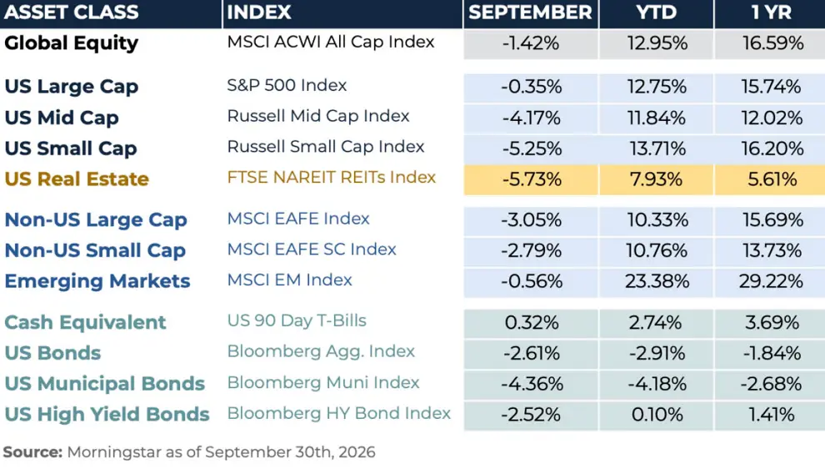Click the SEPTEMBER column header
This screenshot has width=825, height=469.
(530, 13)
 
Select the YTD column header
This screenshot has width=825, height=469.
(656, 13)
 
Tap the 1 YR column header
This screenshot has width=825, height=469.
(772, 13)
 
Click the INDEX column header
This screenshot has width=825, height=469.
(259, 13)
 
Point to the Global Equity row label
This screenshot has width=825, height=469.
(72, 43)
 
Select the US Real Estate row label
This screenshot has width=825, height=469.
(77, 179)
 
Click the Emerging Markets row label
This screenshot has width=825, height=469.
(97, 281)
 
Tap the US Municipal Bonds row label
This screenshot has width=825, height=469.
(105, 384)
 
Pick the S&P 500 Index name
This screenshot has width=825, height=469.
(287, 85)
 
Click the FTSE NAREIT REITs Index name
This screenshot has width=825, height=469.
(332, 177)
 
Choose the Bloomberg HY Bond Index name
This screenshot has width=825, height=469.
(339, 414)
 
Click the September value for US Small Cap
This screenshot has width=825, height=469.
(532, 149)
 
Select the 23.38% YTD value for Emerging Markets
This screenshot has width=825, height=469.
(657, 281)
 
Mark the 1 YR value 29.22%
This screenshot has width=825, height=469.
(771, 281)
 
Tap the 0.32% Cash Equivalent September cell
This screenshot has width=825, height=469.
(532, 322)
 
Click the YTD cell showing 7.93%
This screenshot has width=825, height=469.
(656, 179)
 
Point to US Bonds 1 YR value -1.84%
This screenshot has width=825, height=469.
(772, 353)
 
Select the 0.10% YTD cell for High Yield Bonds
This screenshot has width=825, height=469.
(657, 415)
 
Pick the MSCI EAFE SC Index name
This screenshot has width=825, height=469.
(312, 250)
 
